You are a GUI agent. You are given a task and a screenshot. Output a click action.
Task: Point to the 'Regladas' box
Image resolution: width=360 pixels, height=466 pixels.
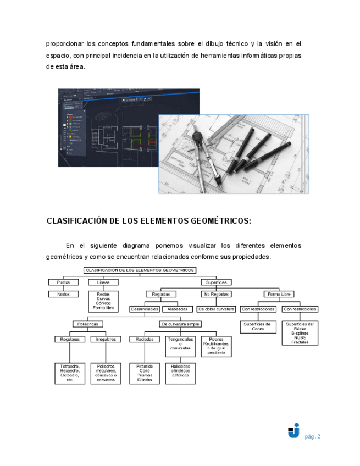[161, 295]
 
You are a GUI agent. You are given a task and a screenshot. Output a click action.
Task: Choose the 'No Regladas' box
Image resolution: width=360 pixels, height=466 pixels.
[216, 295]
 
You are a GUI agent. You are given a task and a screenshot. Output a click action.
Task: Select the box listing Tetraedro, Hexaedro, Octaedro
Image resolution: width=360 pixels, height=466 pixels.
[70, 373]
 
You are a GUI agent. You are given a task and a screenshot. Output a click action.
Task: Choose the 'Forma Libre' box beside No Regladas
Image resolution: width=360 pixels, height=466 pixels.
[279, 295]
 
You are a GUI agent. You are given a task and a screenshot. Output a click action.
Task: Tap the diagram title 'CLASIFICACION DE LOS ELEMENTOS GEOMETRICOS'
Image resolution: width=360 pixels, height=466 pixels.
[140, 270]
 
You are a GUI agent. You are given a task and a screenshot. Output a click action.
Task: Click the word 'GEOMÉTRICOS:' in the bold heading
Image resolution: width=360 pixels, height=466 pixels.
[204, 221]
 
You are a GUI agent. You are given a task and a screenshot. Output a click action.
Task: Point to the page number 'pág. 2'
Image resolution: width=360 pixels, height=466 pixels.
[313, 437]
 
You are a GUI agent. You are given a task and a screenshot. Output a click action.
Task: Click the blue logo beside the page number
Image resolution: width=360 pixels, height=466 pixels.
[293, 431]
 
